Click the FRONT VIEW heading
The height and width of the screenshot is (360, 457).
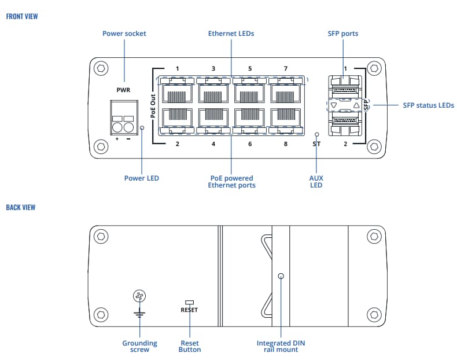click(22, 16)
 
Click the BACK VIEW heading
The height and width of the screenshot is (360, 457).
click(21, 207)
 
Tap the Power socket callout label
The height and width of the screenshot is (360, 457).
click(124, 34)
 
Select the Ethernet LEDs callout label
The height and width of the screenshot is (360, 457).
click(231, 34)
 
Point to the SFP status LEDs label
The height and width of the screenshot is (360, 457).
click(428, 105)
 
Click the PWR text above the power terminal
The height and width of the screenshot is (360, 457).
click(124, 91)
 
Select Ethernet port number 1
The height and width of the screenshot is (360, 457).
click(177, 93)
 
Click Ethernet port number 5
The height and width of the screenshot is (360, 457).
click(249, 93)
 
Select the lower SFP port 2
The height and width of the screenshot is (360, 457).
click(345, 122)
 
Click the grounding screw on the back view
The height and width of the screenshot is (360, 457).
click(139, 297)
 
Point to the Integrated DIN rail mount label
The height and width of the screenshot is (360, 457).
click(281, 346)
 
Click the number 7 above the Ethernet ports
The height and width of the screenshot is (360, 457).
click(285, 69)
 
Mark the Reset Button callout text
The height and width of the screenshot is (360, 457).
click(190, 346)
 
